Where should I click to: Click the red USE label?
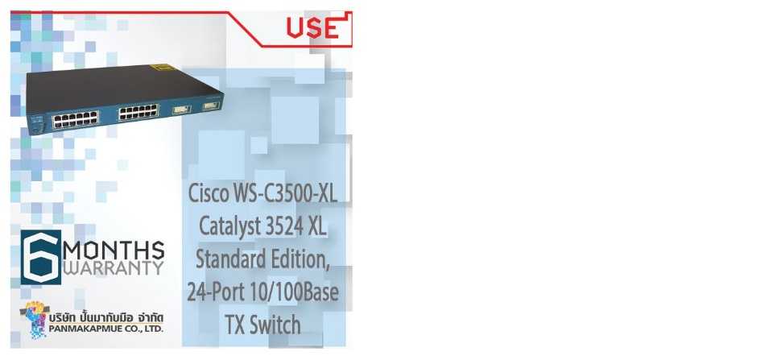[313, 29]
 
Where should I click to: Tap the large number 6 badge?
[41, 258]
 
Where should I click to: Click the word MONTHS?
[114, 250]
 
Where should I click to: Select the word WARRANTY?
[114, 267]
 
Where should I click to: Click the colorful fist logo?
[34, 320]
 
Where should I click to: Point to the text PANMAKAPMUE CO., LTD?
[105, 329]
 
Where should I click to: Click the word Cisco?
[209, 194]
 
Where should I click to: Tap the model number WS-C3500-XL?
[285, 194]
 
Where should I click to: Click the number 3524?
[284, 227]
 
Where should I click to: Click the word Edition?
[300, 260]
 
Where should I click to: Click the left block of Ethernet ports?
[76, 119]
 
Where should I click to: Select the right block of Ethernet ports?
[138, 112]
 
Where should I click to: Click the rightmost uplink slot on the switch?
[210, 105]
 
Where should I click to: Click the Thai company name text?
[105, 317]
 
